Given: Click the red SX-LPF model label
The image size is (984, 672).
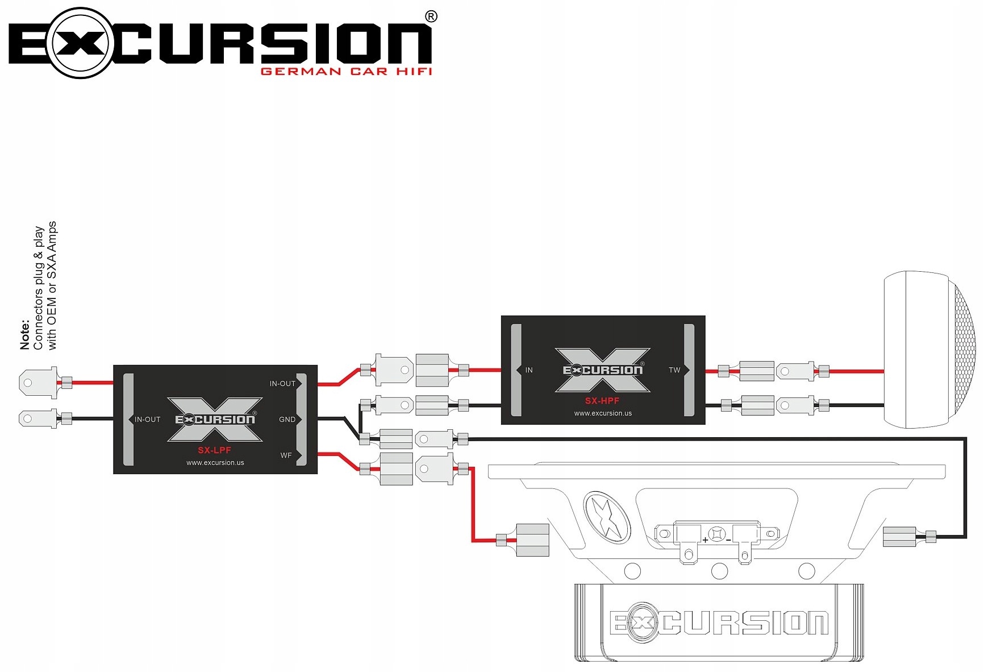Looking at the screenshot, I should point(214,450).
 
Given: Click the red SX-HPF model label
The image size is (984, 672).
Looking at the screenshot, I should point(602,401).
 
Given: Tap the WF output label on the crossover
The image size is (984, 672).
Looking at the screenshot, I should point(286,455).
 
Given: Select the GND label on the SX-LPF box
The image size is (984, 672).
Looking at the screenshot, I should point(287,420).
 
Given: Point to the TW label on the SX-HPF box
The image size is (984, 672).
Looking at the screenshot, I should point(674,370).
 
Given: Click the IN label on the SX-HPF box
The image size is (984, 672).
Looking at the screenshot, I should point(529,370).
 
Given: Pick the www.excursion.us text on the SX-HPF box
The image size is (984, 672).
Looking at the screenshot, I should point(603,413).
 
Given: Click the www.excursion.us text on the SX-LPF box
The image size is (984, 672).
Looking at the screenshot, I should point(215,463).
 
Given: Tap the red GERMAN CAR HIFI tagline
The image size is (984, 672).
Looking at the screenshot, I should point(347,72).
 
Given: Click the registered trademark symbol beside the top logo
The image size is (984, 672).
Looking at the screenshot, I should point(431,16).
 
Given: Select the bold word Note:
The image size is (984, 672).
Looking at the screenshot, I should point(24,335).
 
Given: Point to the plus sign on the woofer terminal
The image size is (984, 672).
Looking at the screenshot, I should point(705,540).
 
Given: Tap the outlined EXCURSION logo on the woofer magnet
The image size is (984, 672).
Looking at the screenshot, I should point(719,623).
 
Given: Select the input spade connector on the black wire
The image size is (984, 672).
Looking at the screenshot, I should point(38,419).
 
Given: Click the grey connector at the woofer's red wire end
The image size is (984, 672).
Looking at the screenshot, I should point(532,540).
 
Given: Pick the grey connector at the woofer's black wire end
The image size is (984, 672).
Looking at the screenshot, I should point(899,537).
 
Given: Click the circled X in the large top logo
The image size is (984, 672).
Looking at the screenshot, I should point(81,43).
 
